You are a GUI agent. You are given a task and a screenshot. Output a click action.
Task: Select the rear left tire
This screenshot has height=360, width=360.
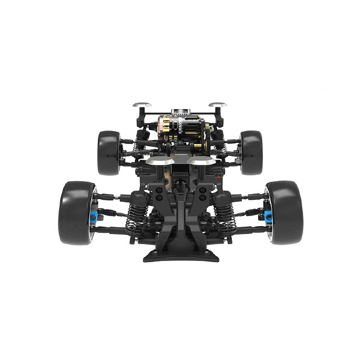107,152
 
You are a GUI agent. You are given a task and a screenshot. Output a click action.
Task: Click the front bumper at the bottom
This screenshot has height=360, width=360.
179,256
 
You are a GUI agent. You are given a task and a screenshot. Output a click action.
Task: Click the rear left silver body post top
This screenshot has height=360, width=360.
141,105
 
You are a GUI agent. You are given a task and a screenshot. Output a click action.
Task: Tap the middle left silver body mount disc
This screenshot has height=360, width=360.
158,161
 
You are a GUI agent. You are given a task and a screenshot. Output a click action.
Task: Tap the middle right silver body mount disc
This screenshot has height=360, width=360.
201,161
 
